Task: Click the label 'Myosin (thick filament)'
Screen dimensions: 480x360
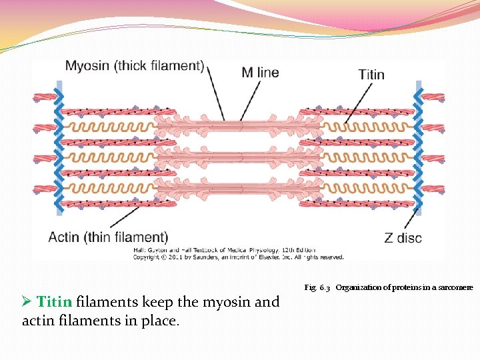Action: pos(134,66)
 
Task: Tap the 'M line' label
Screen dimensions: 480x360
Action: pos(260,72)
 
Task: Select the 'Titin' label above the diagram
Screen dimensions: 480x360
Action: pos(371,74)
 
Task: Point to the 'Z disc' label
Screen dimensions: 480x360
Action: pos(403,237)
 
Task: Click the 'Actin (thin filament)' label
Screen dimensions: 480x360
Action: pos(108,237)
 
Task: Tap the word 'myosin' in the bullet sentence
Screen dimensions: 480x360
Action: pos(203,302)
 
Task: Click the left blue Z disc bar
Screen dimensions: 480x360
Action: pos(59,147)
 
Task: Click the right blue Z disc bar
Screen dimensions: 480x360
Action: pos(419,147)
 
